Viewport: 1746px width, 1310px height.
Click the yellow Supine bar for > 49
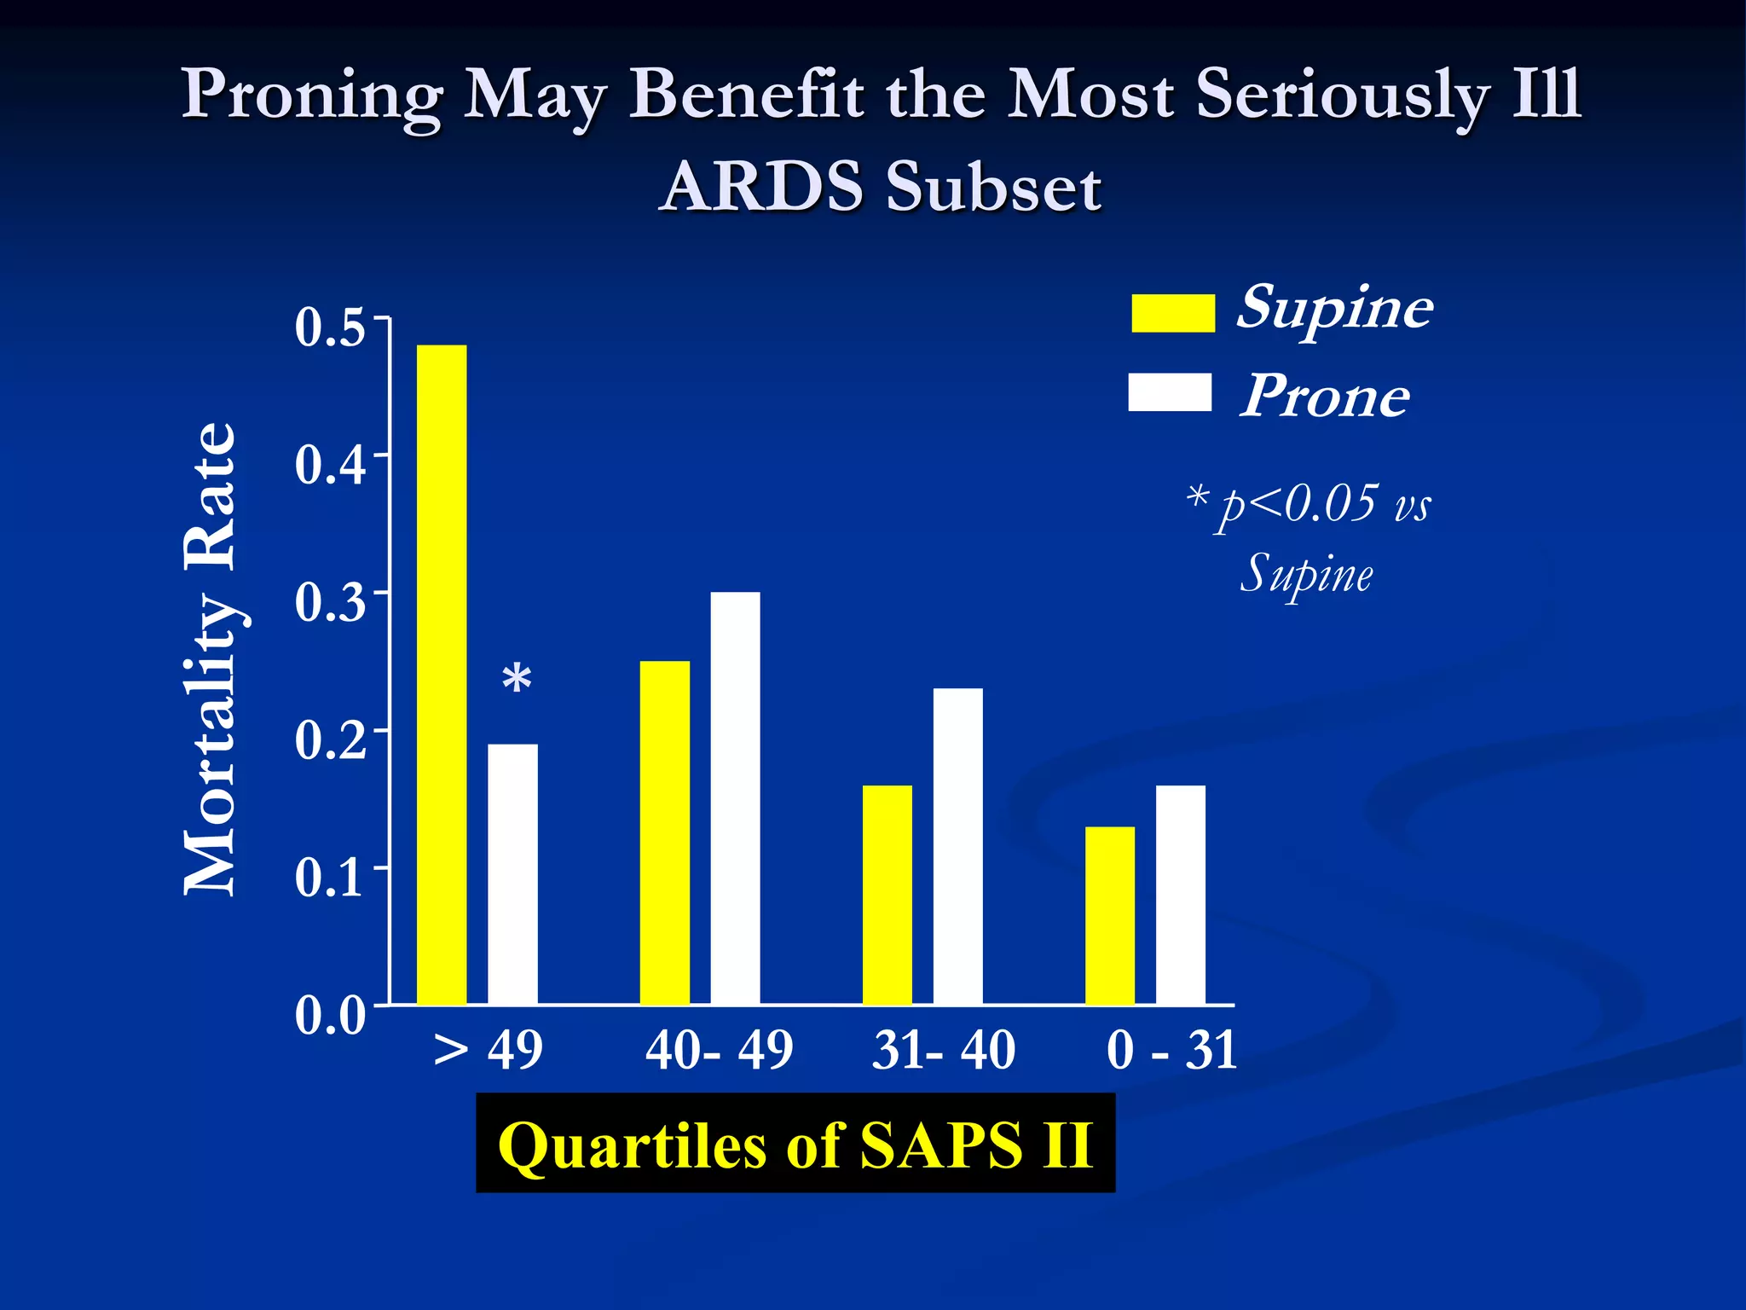tap(442, 674)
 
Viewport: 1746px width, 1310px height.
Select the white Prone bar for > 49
tap(512, 874)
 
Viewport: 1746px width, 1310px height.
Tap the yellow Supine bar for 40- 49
tap(665, 832)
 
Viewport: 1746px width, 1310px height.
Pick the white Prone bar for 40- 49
tap(735, 797)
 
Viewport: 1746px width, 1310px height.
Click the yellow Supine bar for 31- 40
tap(887, 894)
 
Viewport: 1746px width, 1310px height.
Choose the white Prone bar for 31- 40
tap(957, 846)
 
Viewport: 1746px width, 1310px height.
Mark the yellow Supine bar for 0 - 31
tap(1110, 915)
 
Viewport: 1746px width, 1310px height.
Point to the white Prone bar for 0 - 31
tap(1181, 894)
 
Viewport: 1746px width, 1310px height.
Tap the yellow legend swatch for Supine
tap(1173, 313)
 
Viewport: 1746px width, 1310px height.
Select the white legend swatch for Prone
tap(1170, 392)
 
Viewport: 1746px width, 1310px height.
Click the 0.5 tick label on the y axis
tap(331, 327)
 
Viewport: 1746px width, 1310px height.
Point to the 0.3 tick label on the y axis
tap(331, 602)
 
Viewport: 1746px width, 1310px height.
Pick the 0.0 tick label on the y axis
tap(331, 1016)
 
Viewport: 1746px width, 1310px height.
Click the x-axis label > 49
tap(489, 1050)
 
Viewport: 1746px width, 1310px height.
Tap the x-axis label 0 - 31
tap(1171, 1050)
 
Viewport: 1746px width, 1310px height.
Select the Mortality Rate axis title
tap(210, 658)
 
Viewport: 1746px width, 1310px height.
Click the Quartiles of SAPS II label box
tap(795, 1144)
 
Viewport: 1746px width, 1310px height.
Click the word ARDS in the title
tap(762, 186)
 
